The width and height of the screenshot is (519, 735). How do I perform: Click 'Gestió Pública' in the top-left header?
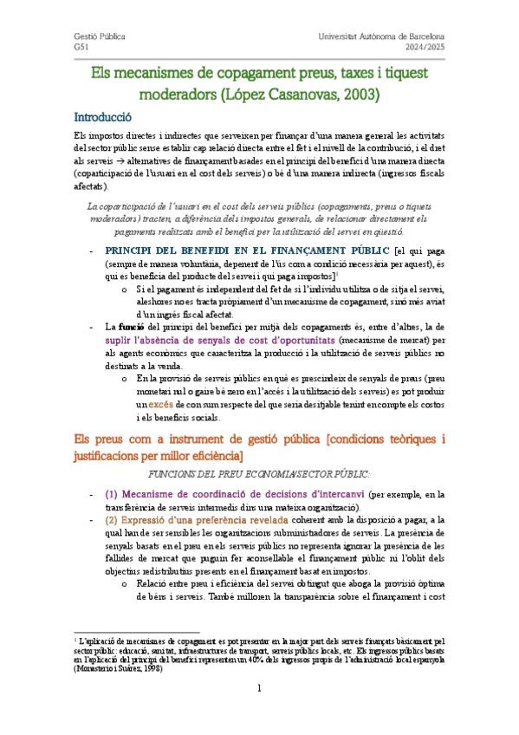point(99,37)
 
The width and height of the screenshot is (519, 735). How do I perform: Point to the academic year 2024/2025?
point(424,49)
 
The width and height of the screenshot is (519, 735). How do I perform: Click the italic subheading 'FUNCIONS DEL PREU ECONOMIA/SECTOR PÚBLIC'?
point(259,475)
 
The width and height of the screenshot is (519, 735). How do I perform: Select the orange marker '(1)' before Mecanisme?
point(112,494)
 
